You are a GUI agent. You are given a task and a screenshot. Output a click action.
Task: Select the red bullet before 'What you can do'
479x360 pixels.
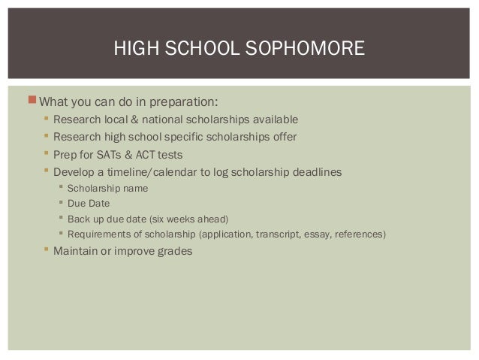[31, 101]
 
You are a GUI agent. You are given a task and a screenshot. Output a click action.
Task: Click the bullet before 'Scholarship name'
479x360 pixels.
[60, 188]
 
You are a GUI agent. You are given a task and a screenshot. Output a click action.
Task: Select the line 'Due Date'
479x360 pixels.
[89, 204]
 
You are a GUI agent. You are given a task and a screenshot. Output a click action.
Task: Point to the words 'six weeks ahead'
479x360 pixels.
[186, 219]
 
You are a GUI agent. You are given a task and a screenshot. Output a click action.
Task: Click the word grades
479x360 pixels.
[173, 251]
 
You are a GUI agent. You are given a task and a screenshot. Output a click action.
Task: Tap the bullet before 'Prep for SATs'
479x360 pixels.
[46, 154]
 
